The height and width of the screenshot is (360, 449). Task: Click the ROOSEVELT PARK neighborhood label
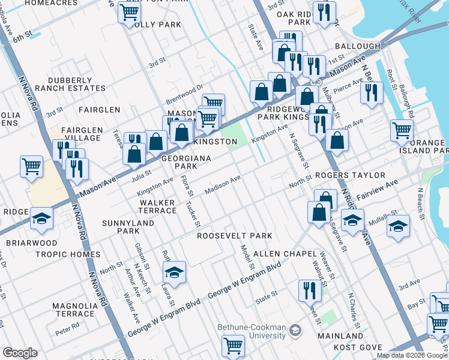[x=235, y=236]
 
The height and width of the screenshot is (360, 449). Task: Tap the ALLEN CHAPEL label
[x=283, y=254]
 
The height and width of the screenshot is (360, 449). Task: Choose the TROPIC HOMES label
[x=68, y=254]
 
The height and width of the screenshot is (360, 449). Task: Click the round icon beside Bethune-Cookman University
[x=295, y=330]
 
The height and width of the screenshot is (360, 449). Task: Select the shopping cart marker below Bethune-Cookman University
[x=233, y=346]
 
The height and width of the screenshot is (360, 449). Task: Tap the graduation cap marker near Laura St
[x=173, y=273]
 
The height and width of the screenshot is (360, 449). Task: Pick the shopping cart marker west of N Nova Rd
[x=31, y=166]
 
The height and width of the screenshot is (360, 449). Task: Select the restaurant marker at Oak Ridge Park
[x=324, y=12]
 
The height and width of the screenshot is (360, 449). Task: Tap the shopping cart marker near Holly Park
[x=129, y=12]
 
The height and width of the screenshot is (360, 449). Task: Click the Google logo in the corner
[x=20, y=353]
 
